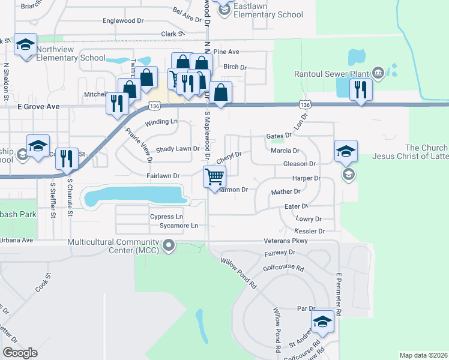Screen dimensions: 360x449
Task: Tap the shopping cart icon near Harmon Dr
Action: click(x=214, y=177)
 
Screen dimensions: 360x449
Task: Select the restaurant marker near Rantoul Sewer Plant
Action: click(x=360, y=90)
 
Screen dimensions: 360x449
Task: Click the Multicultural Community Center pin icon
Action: click(x=169, y=245)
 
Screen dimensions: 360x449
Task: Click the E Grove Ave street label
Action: click(x=38, y=106)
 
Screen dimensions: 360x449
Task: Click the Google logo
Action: click(x=20, y=353)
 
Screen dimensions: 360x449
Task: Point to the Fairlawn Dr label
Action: click(x=163, y=176)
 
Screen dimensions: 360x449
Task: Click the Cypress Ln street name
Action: click(x=167, y=216)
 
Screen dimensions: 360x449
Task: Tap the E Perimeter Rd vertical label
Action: click(x=338, y=295)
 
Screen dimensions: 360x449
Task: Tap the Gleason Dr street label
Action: click(x=299, y=164)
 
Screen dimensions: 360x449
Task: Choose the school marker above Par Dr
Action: click(x=322, y=322)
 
